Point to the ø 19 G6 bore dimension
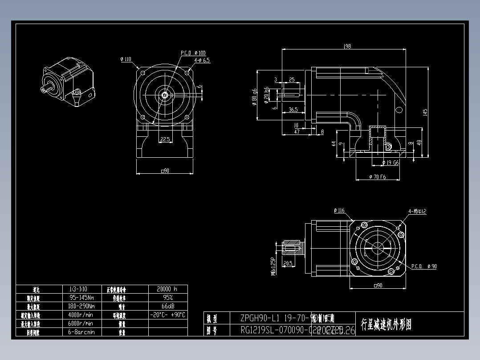point(390,163)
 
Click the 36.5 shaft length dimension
point(293,109)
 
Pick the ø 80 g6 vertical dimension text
point(254,95)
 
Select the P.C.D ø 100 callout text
point(193,53)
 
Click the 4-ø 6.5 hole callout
point(202,60)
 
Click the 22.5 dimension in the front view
point(165,139)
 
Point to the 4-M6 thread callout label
point(417,211)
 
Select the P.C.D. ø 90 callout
point(423,266)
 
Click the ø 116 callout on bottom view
point(339,210)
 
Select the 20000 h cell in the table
point(167,289)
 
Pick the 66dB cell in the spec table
point(167,306)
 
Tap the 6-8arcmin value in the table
point(81,332)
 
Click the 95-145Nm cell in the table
point(81,298)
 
